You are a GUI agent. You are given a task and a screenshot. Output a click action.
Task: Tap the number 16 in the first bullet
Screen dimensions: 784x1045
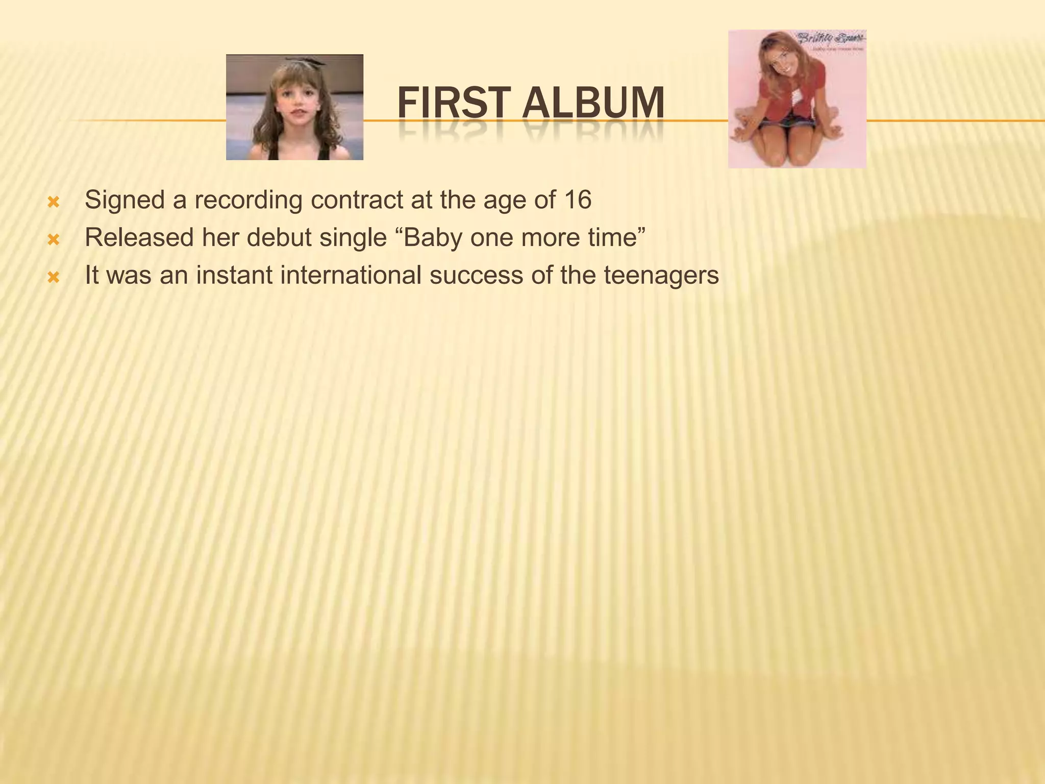578,200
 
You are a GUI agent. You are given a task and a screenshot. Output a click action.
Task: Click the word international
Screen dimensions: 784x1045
351,275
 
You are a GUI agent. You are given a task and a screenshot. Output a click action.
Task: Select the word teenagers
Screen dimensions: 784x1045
661,275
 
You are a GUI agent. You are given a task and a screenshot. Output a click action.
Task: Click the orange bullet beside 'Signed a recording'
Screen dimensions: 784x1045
53,203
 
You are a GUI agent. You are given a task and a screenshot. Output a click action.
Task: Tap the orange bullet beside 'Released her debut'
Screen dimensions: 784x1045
53,240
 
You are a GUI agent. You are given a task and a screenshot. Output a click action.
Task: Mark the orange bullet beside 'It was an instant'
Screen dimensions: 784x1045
53,278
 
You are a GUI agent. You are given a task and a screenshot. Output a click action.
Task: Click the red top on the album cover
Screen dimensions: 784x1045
781,89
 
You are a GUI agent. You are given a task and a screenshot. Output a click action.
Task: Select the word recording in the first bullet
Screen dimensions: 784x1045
248,200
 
